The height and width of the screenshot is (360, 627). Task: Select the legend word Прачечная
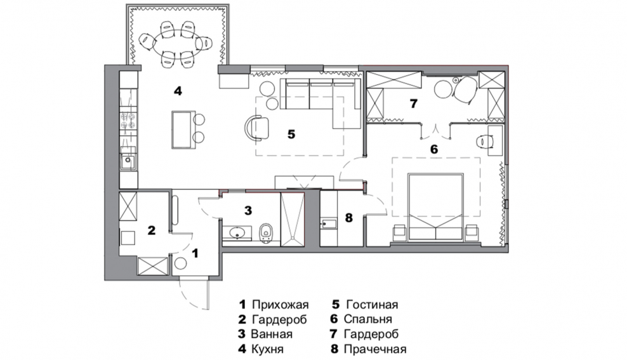tap(374, 349)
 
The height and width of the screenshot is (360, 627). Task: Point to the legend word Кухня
tap(267, 349)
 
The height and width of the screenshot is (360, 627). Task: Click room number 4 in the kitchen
tap(178, 91)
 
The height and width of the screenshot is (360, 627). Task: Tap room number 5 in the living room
tap(291, 134)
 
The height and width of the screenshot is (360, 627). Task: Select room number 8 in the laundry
tap(348, 217)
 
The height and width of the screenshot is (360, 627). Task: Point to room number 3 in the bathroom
tap(249, 210)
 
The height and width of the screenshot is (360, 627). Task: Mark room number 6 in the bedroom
tap(434, 149)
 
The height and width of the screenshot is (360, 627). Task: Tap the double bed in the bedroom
tap(435, 206)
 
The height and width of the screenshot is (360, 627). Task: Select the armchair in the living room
tap(257, 127)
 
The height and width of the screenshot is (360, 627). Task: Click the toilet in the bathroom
tap(266, 232)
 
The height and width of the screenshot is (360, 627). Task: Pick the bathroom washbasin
tap(239, 232)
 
